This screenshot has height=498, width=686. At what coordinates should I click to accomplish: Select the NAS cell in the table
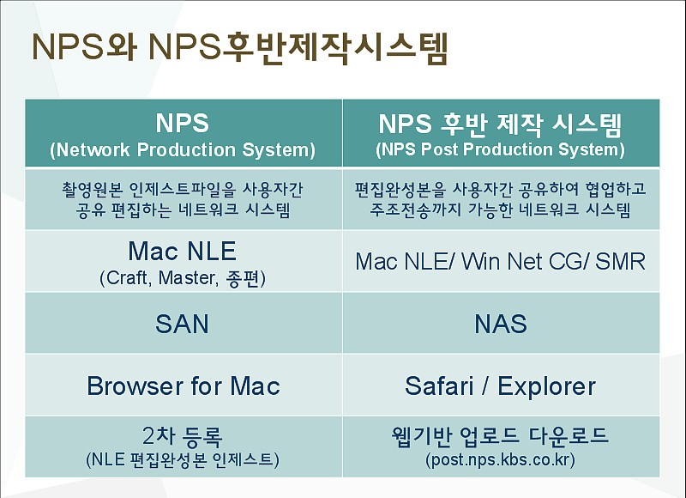(x=501, y=324)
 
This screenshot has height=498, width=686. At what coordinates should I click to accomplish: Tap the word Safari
(x=439, y=386)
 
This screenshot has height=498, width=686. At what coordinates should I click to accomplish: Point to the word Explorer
(x=546, y=386)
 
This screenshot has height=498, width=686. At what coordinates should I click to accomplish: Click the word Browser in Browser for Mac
(x=135, y=386)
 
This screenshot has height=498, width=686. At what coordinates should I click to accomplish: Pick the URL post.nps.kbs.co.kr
(x=501, y=459)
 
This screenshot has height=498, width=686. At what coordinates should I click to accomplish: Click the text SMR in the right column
(x=620, y=262)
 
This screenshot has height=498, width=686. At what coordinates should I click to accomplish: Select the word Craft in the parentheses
(x=129, y=278)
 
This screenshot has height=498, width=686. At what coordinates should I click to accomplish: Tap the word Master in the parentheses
(x=188, y=278)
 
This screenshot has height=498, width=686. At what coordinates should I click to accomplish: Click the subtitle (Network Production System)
(x=183, y=149)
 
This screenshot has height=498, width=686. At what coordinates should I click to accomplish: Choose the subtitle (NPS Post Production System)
(x=500, y=149)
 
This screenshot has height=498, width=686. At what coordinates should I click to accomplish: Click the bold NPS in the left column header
(x=182, y=123)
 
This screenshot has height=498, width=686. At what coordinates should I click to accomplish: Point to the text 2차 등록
(x=182, y=436)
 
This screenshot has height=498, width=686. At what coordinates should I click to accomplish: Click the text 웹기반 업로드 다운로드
(x=500, y=435)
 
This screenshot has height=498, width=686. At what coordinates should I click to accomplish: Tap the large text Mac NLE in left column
(x=182, y=251)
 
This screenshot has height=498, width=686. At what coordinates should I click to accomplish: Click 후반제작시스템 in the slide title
(x=335, y=47)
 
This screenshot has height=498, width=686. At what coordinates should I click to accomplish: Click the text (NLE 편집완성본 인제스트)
(x=182, y=460)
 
